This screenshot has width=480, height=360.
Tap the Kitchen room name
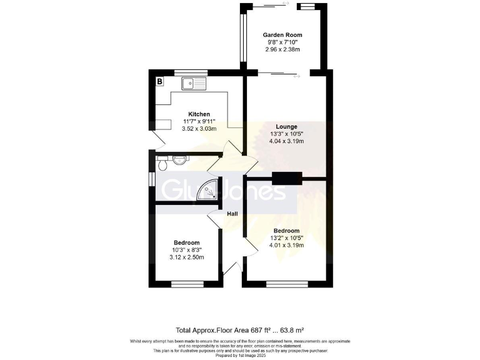199,114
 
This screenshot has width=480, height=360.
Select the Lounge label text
286,126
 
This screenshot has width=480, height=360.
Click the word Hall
232,214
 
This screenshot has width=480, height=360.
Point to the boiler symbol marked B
159,81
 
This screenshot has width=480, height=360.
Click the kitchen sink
194,82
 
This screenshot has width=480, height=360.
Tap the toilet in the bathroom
163,164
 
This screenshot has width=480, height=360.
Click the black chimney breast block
286,177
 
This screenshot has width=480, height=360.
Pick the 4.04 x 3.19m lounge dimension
286,141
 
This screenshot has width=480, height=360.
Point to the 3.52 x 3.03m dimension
199,129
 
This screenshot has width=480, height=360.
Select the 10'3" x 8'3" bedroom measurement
186,250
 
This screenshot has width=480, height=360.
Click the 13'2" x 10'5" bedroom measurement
286,237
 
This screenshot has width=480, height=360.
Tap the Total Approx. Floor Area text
240,329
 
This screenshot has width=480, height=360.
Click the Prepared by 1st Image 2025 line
240,354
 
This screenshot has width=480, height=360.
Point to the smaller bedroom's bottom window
184,284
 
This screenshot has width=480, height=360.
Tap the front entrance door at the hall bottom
231,270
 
